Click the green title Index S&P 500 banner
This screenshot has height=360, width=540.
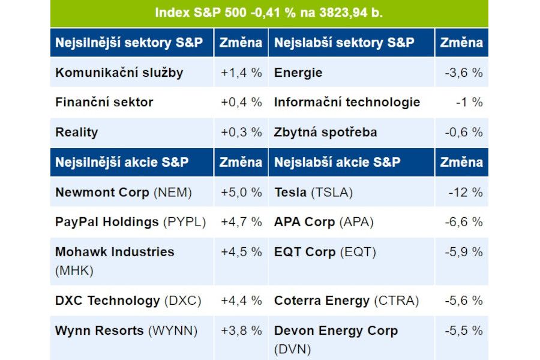(x=269, y=13)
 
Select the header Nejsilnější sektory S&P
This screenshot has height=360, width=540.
(x=128, y=43)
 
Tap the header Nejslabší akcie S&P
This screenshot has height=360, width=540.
(x=337, y=162)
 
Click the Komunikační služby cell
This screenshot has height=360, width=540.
(x=119, y=73)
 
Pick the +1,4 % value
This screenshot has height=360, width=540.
(x=241, y=73)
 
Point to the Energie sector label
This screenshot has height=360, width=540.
(x=298, y=73)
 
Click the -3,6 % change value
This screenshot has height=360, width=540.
(x=463, y=73)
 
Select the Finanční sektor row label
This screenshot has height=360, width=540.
(x=104, y=102)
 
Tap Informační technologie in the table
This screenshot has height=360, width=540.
(x=347, y=102)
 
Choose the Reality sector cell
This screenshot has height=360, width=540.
(x=76, y=132)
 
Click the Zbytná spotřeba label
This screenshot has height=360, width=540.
(x=325, y=132)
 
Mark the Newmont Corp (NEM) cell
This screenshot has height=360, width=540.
(x=123, y=193)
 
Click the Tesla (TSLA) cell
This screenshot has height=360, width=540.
(x=313, y=193)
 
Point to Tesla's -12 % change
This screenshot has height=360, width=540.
(x=465, y=193)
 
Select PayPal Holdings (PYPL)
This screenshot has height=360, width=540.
(x=130, y=222)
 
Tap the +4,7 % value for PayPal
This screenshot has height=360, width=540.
(x=241, y=222)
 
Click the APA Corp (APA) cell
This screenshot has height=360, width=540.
(x=323, y=222)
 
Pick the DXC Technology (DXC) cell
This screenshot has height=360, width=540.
(x=128, y=301)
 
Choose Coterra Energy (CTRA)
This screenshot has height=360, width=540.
(x=346, y=301)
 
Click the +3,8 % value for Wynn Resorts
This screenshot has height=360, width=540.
(x=241, y=331)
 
